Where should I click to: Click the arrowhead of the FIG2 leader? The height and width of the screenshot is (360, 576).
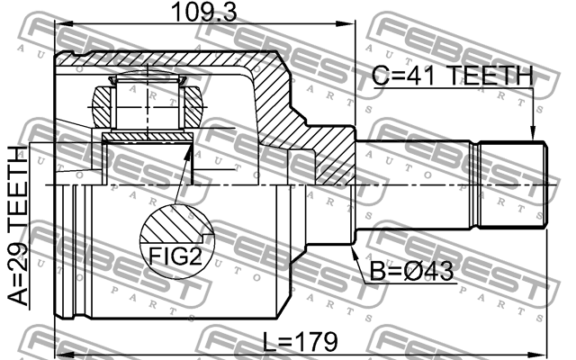[x=189, y=146]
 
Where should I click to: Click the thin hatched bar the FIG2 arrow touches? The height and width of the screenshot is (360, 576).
[x=148, y=137]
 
